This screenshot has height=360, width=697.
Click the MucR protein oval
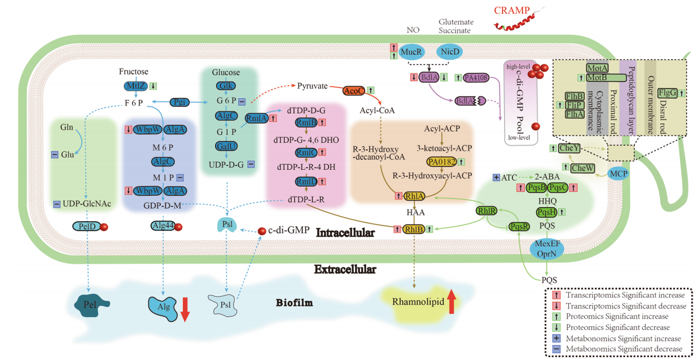tap(411, 52)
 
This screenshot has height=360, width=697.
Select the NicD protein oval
tap(450, 52)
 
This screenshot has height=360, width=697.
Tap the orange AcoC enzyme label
tap(354, 91)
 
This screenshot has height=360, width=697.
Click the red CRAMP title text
tap(511, 10)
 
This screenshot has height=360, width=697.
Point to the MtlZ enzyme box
tap(135, 86)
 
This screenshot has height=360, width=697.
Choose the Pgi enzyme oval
tap(179, 102)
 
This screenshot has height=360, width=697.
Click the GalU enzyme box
tap(226, 146)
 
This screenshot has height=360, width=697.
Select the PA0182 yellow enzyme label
tap(441, 162)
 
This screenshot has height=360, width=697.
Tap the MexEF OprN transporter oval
tap(547, 249)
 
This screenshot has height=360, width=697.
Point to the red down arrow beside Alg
tap(185, 310)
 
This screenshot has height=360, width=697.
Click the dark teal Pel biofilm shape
tap(91, 305)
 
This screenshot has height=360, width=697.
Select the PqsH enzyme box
tap(547, 212)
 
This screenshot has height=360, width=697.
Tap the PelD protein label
tap(87, 226)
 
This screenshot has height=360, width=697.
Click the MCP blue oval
tap(619, 174)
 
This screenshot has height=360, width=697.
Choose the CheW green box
tap(582, 168)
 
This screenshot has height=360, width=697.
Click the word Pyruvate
tap(312, 86)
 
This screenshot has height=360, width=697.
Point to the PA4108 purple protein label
tap(476, 77)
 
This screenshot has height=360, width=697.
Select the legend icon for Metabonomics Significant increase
tap(556, 338)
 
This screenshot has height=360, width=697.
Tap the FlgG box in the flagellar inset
tap(667, 93)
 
